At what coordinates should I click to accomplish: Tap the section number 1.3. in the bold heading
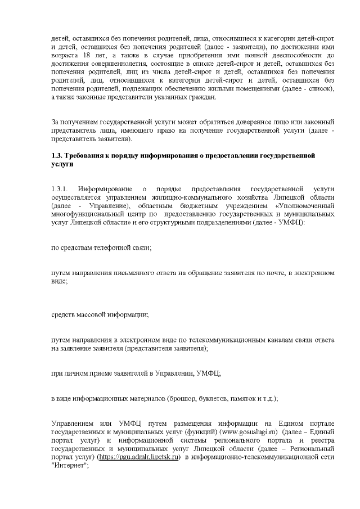point(57,155)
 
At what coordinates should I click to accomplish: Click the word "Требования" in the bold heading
point(87,155)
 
